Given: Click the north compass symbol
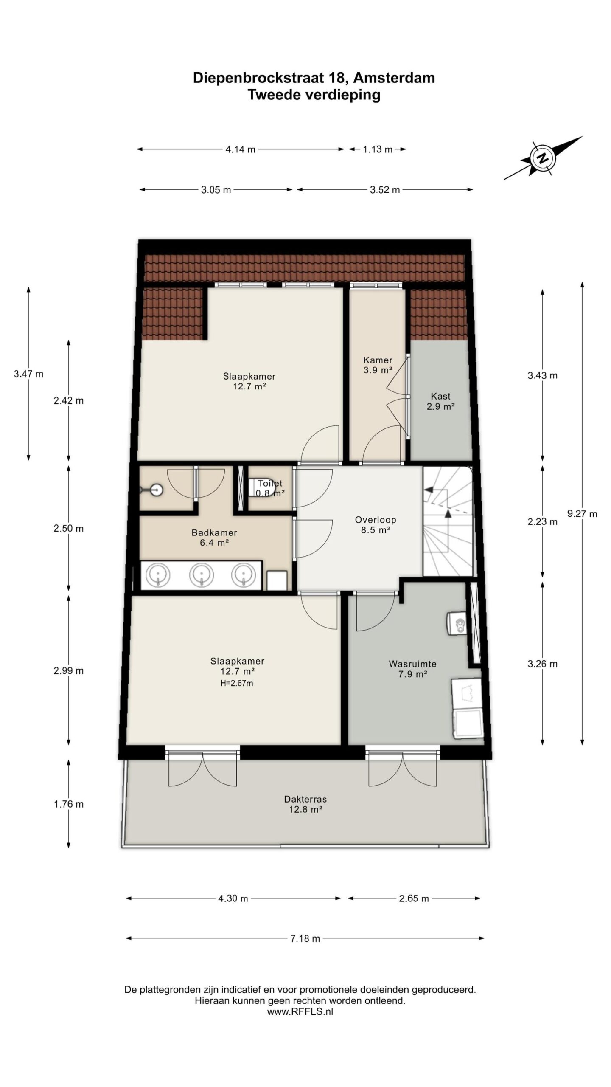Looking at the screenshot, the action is click(x=543, y=158).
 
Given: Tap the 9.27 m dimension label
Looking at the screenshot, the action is click(x=582, y=514).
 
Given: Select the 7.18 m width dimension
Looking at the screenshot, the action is click(x=305, y=938).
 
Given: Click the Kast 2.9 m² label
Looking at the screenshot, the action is click(x=440, y=401).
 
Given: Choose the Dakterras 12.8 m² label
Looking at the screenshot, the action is click(x=305, y=804).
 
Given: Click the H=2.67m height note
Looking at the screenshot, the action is click(x=237, y=683).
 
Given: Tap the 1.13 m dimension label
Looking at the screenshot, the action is click(x=378, y=149).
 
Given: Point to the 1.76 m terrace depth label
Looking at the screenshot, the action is click(x=69, y=804).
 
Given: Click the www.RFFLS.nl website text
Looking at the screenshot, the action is click(x=300, y=1012).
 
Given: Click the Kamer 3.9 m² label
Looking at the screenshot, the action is click(x=378, y=365).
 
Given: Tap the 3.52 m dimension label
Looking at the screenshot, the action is click(x=385, y=190).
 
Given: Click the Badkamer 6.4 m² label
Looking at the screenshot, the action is click(x=214, y=538).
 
